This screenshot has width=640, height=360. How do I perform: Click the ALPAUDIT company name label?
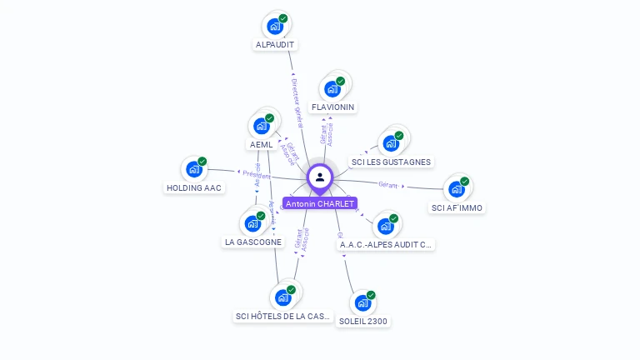(275, 45)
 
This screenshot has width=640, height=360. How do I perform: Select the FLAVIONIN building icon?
(332, 89)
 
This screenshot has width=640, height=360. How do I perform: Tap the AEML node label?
(261, 144)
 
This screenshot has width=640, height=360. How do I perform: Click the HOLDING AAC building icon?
(194, 169)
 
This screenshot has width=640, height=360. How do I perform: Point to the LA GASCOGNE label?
(252, 242)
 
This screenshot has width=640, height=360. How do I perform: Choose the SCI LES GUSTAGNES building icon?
(390, 143)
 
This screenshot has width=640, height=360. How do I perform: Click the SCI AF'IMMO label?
(457, 207)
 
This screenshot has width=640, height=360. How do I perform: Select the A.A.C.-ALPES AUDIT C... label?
(386, 245)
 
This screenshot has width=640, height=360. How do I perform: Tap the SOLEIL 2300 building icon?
(362, 303)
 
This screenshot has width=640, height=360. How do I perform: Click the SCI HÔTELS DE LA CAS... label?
(283, 317)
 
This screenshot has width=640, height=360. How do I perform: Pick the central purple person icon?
(320, 177)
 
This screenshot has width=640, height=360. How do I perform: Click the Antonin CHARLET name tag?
(320, 203)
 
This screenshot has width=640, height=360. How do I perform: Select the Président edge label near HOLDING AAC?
(256, 175)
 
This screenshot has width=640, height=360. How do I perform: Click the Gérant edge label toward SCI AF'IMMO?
(387, 184)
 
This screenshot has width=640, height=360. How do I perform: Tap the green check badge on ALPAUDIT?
(283, 18)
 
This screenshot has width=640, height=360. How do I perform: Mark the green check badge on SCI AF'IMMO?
(465, 181)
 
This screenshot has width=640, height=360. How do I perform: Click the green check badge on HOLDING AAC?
(202, 161)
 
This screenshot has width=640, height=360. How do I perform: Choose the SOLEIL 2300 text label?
(363, 322)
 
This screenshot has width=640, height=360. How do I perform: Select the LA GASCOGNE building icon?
(252, 224)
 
